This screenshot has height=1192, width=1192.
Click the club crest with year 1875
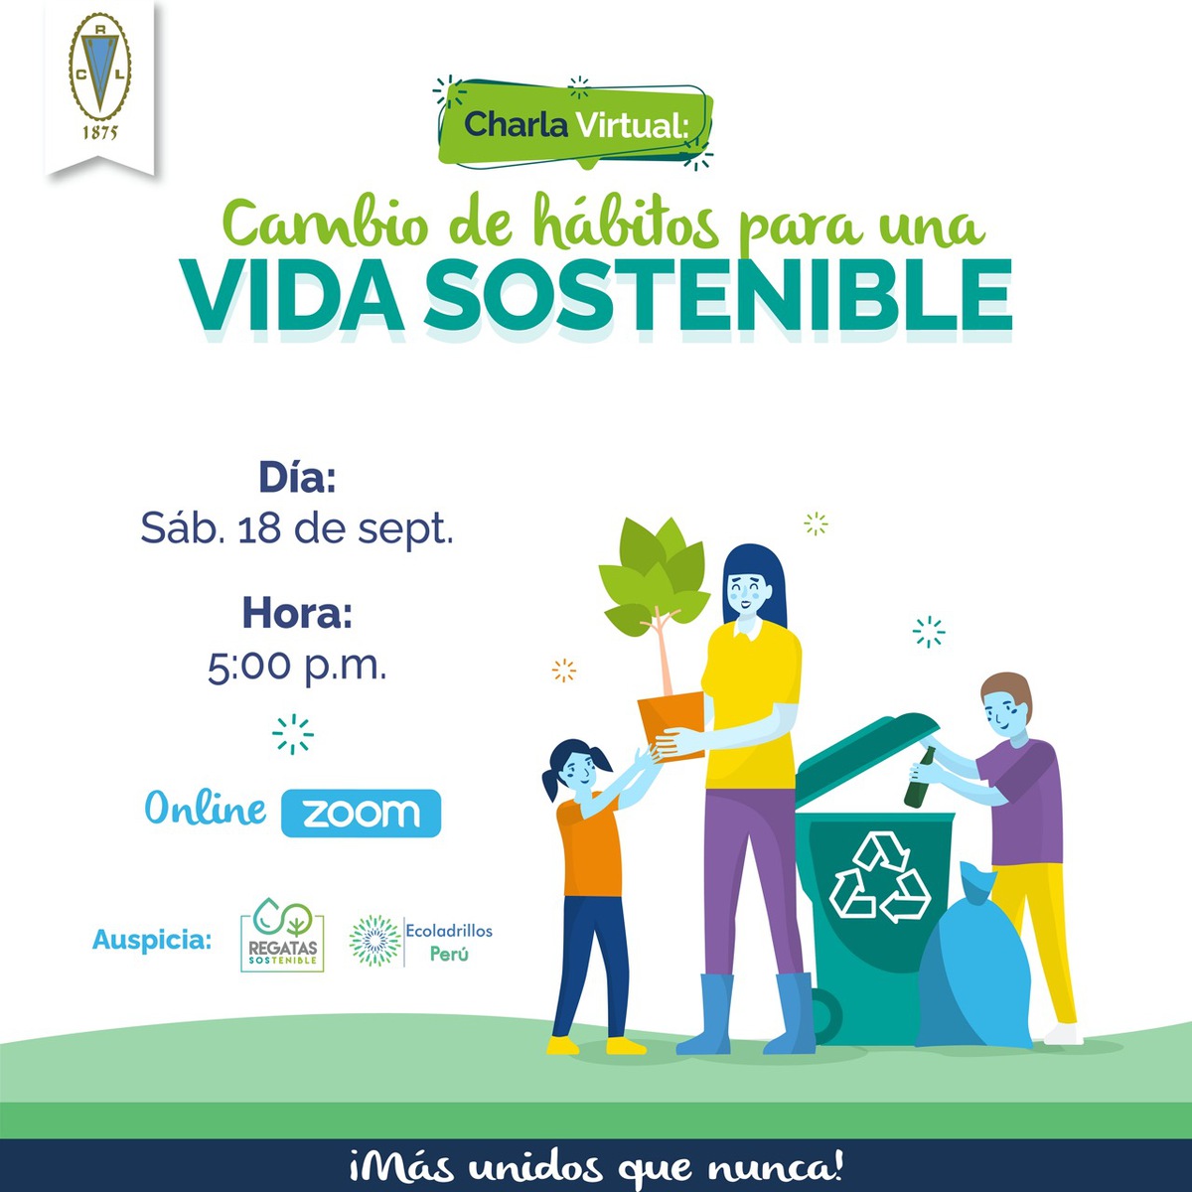point(99,77)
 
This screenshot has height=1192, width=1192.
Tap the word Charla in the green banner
point(516,124)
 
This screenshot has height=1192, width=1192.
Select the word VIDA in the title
point(293,296)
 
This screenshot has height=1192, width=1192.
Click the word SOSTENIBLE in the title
point(718,296)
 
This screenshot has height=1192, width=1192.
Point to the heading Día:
point(297,477)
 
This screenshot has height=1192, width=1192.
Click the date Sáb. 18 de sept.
point(297,528)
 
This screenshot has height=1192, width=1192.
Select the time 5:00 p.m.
point(297,667)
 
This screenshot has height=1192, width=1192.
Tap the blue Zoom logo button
point(361,813)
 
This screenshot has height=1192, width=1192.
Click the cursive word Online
point(206,808)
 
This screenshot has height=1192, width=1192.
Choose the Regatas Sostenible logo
point(282,935)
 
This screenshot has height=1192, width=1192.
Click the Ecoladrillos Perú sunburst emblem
point(374,941)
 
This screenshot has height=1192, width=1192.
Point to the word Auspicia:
point(152,940)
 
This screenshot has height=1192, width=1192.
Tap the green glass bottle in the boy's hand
point(920,778)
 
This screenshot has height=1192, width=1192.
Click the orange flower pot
point(672,725)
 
